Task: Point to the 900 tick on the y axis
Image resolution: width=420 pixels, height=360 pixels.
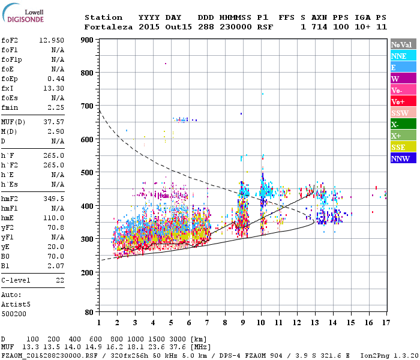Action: click(88, 40)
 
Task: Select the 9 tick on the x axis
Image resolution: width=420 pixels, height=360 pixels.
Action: click(242, 322)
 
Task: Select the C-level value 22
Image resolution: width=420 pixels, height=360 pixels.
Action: click(60, 280)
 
